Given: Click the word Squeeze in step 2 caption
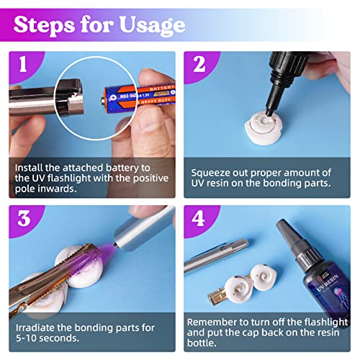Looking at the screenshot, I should pyautogui.click(x=213, y=173).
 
